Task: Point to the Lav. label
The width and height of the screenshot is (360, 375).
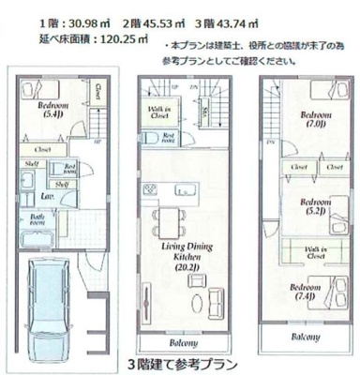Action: pos(44,198)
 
